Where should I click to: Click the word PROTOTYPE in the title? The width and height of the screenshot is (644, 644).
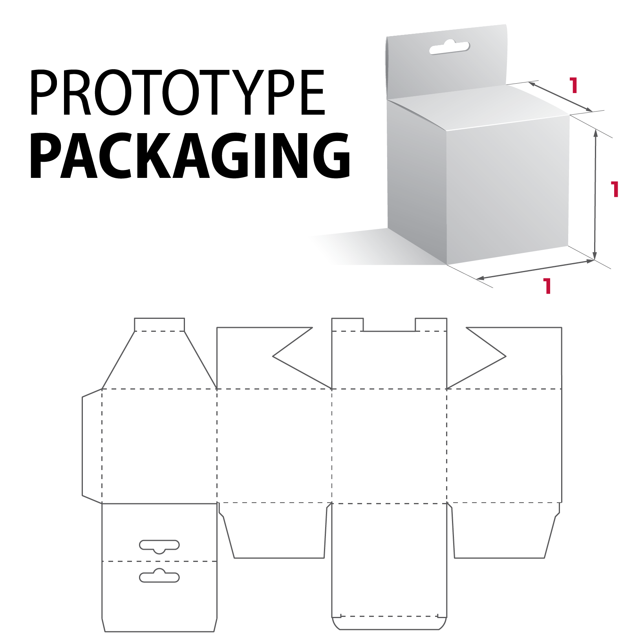coord(177,93)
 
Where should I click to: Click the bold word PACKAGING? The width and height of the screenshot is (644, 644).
coord(190,156)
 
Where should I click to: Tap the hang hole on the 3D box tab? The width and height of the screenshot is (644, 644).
coord(449,48)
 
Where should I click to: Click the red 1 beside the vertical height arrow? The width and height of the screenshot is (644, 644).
coord(615,189)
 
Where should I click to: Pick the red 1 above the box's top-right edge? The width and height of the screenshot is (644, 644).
coord(574,85)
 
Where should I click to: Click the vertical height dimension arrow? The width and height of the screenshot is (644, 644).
coord(595,194)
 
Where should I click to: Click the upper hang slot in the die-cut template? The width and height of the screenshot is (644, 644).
coord(159,546)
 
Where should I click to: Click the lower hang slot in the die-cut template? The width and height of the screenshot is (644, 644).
coord(159,576)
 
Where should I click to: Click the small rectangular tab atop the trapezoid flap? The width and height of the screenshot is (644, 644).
coord(159,325)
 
